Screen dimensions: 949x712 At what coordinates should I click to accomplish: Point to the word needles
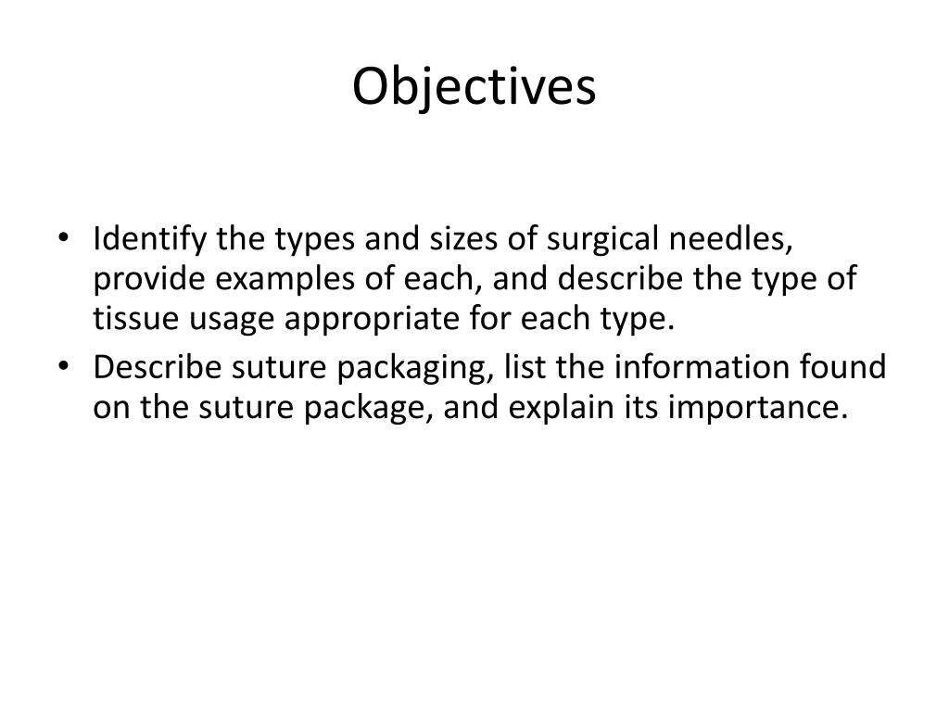(730, 238)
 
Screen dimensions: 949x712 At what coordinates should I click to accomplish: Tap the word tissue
(135, 319)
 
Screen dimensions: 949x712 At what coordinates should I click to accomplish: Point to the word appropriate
(372, 320)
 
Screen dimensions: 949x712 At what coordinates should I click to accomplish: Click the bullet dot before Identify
(63, 237)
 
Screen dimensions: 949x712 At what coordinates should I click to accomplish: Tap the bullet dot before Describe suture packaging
(63, 365)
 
